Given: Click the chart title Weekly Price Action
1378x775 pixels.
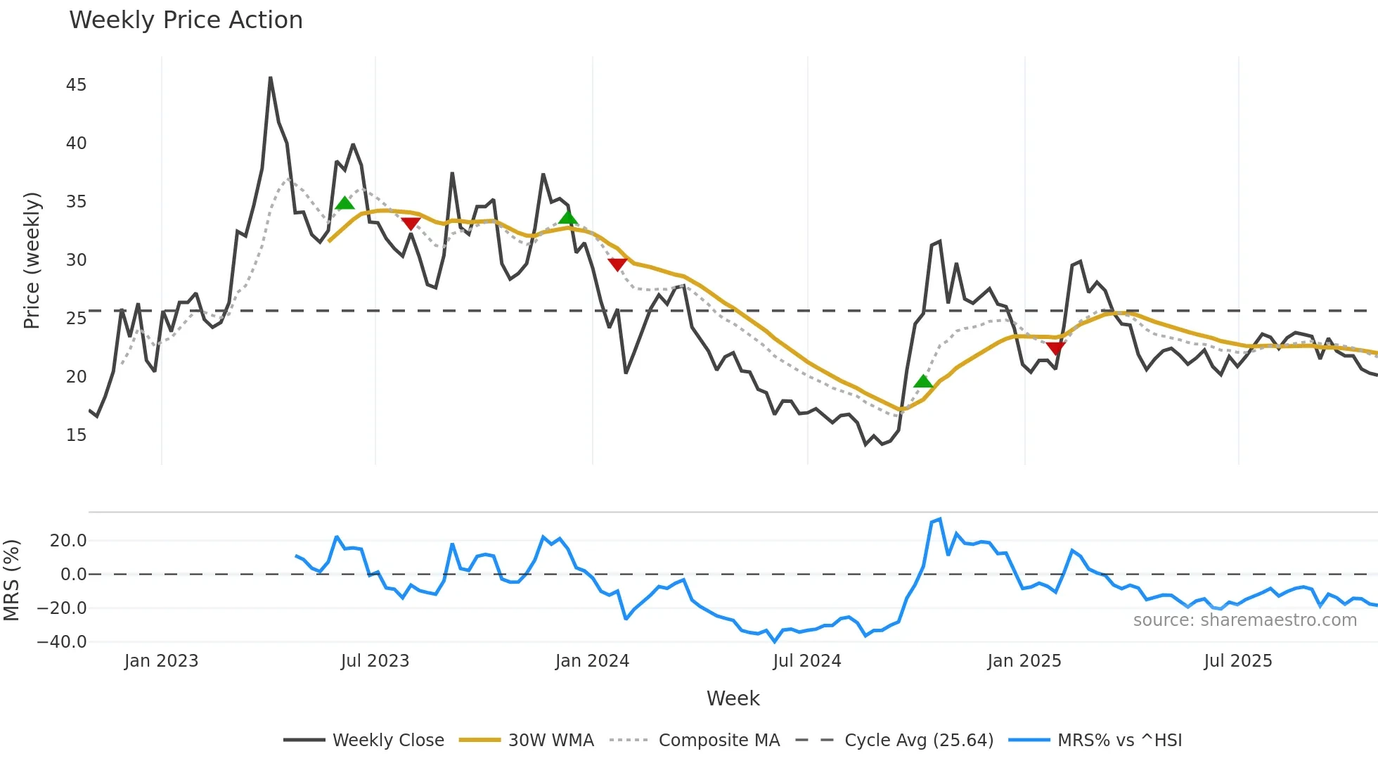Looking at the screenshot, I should click(186, 20).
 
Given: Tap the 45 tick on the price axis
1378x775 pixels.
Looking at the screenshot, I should click(76, 85).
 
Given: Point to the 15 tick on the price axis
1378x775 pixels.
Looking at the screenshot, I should click(76, 435).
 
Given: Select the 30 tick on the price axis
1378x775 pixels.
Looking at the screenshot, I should click(76, 260).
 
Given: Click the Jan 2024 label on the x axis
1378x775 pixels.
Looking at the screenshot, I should click(592, 661).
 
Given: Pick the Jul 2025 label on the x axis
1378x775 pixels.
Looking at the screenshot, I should click(1237, 661).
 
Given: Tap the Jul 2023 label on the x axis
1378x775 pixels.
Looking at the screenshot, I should click(375, 661).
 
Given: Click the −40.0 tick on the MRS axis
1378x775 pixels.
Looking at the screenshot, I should click(62, 642).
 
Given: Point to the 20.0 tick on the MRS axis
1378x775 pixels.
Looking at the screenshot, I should click(68, 541).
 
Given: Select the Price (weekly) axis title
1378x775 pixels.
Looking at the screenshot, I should click(32, 260).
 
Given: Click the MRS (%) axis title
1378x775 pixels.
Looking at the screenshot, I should click(11, 580).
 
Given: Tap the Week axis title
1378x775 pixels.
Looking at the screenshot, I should click(733, 698).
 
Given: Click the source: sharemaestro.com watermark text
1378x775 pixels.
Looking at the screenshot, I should click(1244, 620).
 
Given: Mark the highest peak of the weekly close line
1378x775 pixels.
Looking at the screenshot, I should click(271, 78).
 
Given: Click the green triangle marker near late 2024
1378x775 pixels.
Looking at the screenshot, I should click(923, 382).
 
